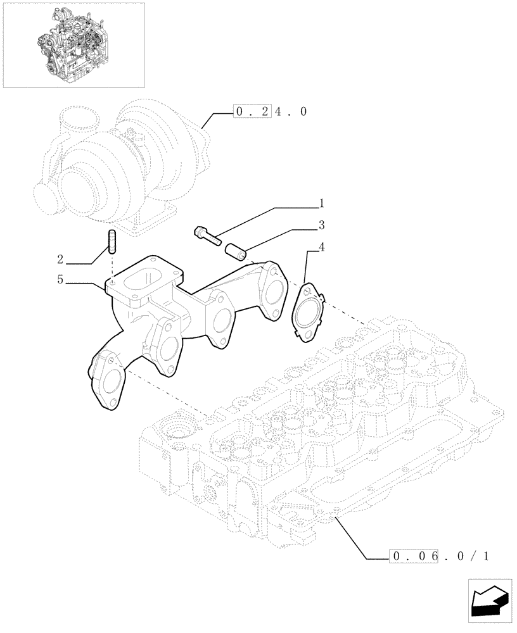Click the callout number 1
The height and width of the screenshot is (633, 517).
pos(321,204)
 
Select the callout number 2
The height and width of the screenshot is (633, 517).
pos(61,259)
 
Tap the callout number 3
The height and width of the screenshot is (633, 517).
pos(321,225)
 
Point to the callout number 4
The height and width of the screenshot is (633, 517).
pos(321,246)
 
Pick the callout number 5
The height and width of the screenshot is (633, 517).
pos(61,279)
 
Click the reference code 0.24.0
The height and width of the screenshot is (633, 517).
pos(271,112)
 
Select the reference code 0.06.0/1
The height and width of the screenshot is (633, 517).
pos(440,557)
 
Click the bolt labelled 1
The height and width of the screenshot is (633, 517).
pos(207,235)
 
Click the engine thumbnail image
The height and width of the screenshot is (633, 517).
pos(73,44)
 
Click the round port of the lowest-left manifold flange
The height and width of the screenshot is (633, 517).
pos(110,383)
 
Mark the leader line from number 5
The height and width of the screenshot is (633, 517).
pos(86,283)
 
